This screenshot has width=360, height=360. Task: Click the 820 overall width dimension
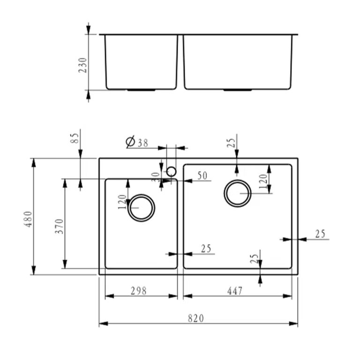tap(196, 318)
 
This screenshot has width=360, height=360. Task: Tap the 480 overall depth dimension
tap(29, 219)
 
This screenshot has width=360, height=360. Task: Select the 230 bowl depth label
tap(82, 65)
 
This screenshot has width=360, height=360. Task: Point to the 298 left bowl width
tap(138, 291)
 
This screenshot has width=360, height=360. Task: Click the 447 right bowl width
tap(235, 291)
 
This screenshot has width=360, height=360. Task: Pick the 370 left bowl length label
tap(59, 226)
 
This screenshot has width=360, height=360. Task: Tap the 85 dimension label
tap(75, 138)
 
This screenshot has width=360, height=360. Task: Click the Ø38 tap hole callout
tap(137, 142)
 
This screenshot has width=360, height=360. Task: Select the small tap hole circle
tap(171, 172)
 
